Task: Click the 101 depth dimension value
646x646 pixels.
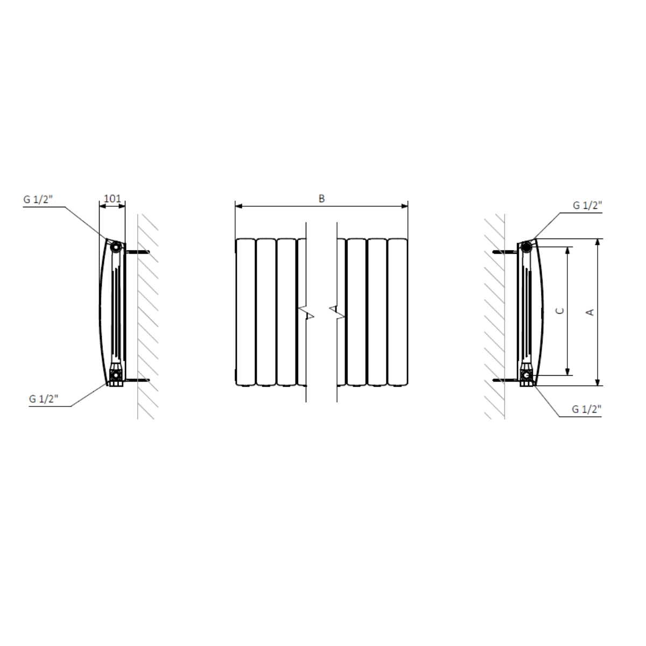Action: (x=113, y=199)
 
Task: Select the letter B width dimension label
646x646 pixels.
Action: (x=321, y=199)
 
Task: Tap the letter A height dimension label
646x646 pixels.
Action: (x=591, y=312)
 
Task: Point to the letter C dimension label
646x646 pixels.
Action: (x=560, y=311)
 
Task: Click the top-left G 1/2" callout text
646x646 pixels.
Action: (x=38, y=200)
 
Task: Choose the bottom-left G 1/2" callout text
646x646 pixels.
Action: (x=44, y=399)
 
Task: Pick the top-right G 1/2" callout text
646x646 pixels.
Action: (x=588, y=206)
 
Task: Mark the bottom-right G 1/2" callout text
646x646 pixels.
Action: (x=587, y=409)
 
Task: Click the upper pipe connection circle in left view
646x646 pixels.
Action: (x=116, y=248)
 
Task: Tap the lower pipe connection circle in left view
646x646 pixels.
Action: (x=116, y=375)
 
